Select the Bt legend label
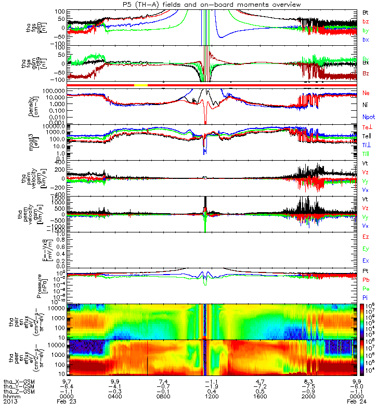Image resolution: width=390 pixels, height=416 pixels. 366,12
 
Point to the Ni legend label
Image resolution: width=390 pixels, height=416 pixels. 365,105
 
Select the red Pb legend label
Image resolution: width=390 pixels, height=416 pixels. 366,280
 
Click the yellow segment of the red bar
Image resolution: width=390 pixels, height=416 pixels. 141,84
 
